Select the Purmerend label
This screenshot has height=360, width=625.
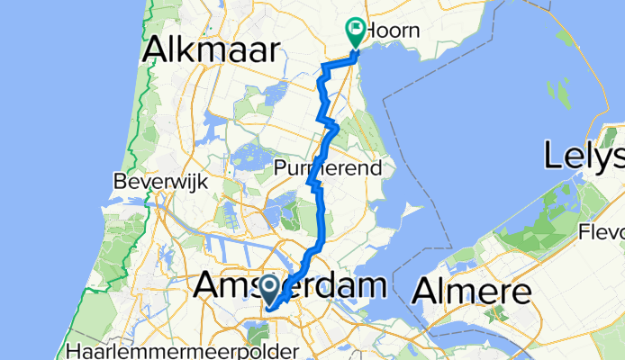coord(329,167)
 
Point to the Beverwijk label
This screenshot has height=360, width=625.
coord(160,181)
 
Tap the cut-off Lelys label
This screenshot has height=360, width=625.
coord(584,157)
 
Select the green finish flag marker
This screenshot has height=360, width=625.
coord(356,33)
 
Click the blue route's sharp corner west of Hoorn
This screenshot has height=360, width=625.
coord(324,67)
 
